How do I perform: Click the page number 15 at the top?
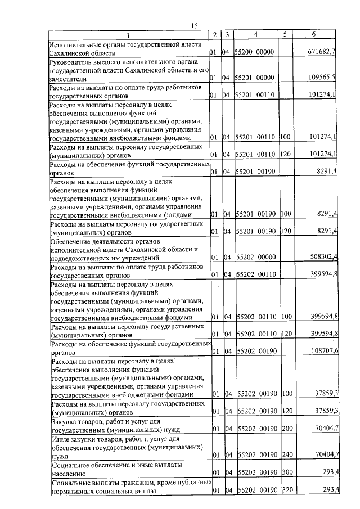coord(195,26)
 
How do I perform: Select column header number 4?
coord(256,35)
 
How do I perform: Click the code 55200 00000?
coord(254,52)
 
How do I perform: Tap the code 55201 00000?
coord(254,78)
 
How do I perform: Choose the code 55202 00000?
coord(254,257)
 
